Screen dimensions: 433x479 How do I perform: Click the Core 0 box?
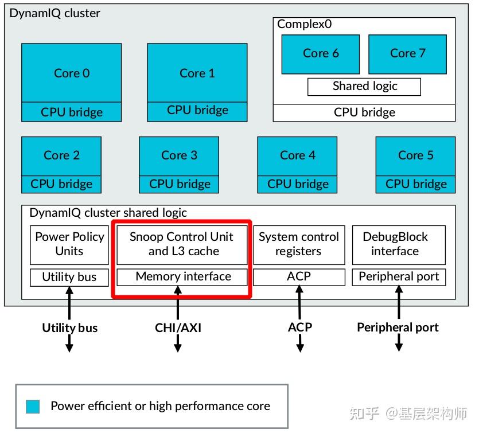coord(72,73)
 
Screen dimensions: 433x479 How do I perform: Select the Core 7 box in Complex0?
coord(407,53)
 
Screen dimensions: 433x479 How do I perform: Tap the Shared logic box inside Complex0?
coord(364,87)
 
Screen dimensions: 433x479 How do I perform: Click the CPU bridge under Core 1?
coord(197,110)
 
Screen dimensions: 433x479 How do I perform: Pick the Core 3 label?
coord(179,155)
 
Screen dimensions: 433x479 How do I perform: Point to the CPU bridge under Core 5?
coord(416,184)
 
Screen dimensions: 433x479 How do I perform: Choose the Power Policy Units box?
coord(69,244)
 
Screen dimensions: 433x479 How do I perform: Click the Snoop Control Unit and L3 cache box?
coord(182,244)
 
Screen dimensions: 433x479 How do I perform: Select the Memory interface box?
coord(182,277)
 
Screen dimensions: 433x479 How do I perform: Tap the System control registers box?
coord(299,244)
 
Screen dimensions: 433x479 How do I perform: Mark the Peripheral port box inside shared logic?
coord(399,277)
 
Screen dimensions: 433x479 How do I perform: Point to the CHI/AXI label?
coord(178,328)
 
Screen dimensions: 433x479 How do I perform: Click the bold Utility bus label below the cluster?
coord(69,328)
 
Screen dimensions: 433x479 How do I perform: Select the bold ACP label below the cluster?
coord(299,327)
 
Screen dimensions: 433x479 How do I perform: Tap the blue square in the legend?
coord(33,407)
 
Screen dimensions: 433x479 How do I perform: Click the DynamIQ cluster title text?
coord(54,13)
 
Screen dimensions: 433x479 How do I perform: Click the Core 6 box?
coord(320,53)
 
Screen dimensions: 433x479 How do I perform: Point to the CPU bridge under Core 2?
coord(61,184)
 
